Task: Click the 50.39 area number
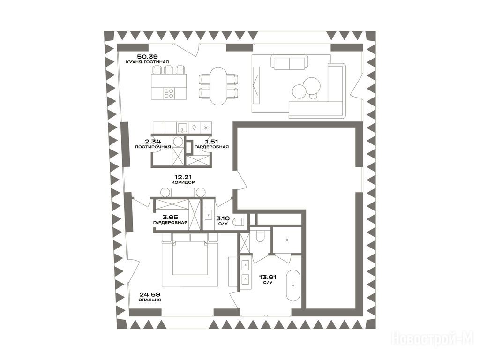147,56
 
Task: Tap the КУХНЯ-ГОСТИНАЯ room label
147,62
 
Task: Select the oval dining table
218,86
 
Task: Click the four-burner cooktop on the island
169,93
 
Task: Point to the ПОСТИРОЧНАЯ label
153,147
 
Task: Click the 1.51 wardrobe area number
212,142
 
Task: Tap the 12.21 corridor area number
183,177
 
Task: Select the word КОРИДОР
183,182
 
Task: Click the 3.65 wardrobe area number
170,217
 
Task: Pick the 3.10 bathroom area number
223,218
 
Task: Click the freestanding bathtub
293,285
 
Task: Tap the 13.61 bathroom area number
268,277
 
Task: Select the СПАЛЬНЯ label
150,300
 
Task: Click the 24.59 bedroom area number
150,294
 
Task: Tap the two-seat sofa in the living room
289,62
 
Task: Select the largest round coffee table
299,91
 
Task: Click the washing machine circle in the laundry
178,142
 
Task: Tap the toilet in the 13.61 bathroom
261,235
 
